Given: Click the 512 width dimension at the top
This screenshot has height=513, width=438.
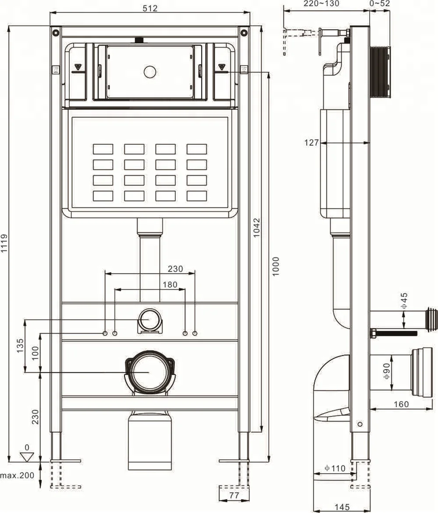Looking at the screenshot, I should [150, 7].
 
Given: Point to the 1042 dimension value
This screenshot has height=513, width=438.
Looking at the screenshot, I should [257, 228].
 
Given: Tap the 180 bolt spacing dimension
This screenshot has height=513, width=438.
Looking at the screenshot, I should [170, 285].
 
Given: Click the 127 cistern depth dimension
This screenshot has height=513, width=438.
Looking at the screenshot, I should [312, 142].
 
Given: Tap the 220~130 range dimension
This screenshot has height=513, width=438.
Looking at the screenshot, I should [321, 4].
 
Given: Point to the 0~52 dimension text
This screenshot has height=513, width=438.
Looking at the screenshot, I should [380, 4].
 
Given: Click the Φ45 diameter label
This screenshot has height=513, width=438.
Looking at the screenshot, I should [404, 301].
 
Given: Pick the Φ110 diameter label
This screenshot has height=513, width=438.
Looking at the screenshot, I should [335, 468].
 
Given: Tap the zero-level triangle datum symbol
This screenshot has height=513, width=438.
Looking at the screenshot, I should [27, 456].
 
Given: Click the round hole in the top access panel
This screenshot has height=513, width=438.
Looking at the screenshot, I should [150, 71].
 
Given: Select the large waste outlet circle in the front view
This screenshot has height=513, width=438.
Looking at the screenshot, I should [149, 371].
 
